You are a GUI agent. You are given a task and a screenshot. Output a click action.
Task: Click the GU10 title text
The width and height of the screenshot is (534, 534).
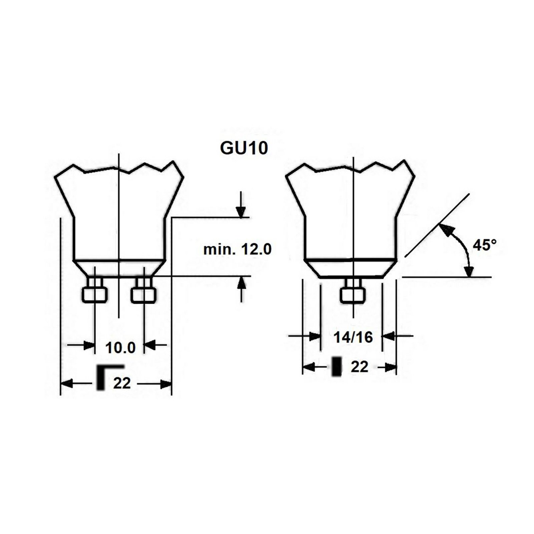tap(244, 149)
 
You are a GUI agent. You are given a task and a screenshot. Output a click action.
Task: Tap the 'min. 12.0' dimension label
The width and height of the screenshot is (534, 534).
tap(238, 249)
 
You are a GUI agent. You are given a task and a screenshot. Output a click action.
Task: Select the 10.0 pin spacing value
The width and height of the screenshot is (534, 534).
tap(120, 348)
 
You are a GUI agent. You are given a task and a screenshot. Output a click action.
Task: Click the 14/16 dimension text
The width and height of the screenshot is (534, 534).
tap(353, 337)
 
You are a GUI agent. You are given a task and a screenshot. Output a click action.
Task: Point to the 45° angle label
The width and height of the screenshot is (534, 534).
tap(485, 245)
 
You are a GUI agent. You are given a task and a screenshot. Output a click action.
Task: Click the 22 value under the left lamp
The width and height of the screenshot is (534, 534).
tap(122, 383)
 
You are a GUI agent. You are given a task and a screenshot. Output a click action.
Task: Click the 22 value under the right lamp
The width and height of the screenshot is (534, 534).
tap(359, 367)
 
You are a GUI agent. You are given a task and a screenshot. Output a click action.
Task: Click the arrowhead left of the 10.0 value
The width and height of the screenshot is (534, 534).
tap(89, 345)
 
